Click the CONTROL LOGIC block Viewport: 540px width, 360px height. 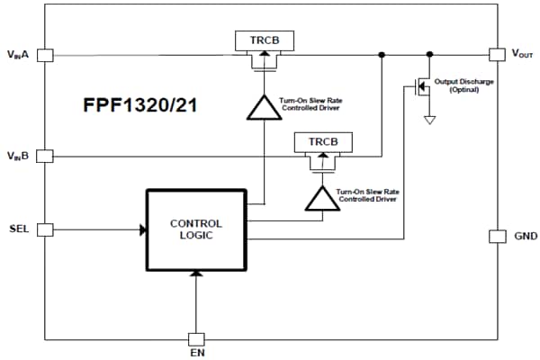[195, 229]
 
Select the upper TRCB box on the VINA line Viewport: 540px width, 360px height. [263, 40]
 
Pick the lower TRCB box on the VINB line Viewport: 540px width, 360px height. [322, 142]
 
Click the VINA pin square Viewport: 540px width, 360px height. [45, 54]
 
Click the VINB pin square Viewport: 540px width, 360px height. [45, 156]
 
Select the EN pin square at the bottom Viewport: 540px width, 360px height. [195, 339]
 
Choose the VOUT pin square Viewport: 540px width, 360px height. [496, 54]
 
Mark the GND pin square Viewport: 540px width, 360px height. [496, 236]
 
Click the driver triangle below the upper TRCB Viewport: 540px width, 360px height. [263, 107]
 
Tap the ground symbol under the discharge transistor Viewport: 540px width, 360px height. [430, 119]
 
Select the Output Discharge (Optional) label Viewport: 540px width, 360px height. [463, 85]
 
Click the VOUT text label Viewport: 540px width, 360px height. [522, 54]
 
